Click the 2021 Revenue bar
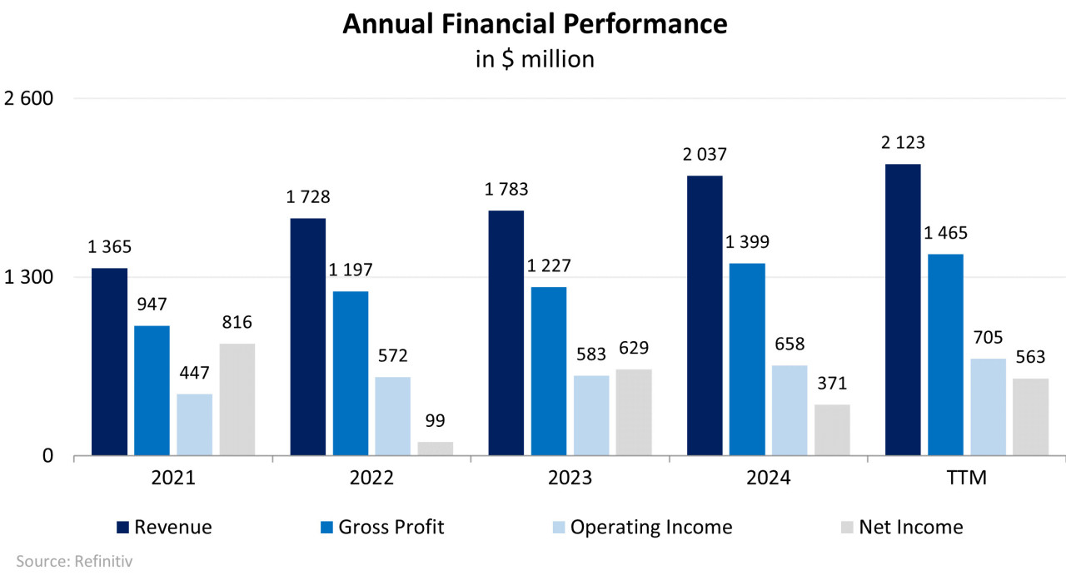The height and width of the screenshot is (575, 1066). pos(109,362)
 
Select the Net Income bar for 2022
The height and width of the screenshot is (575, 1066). pos(435,449)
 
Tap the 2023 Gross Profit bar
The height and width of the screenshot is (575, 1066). pos(549,371)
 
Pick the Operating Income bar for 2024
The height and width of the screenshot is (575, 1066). pos(790,410)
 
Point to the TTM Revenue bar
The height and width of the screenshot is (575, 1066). pos(903,310)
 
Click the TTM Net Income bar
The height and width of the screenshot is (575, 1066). pos(1030,417)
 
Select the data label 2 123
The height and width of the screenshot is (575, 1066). pos(903,143)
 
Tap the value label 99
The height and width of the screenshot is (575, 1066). pos(435,421)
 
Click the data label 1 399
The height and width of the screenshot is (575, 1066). pos(747,242)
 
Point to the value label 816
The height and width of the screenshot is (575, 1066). pos(237,323)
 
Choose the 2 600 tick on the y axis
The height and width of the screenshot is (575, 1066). pos(28,98)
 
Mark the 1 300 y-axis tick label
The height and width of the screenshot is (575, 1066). pos(28,277)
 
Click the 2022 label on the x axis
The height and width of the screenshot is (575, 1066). pos(371,478)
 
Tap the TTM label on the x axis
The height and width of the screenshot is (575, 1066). pos(966,478)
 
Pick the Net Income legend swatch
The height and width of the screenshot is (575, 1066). pos(847,527)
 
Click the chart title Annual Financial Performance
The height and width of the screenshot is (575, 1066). pos(535,24)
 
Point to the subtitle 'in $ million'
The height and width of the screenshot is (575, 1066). pos(535,60)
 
